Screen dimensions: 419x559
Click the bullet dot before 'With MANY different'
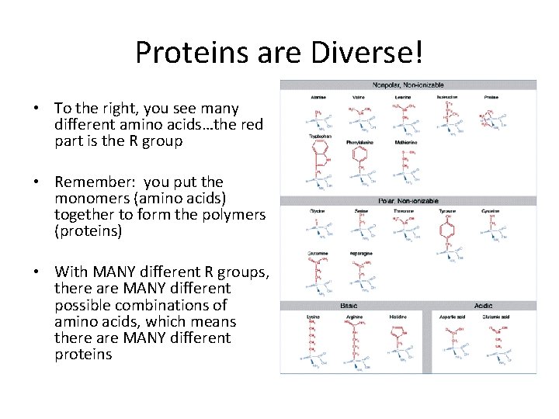(x=37, y=272)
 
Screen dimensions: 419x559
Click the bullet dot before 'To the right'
(x=37, y=109)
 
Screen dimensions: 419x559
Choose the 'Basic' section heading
(x=349, y=306)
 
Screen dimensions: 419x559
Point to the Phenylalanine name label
(x=359, y=143)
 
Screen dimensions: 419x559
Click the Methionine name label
(x=404, y=143)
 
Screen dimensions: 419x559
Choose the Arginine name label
(x=355, y=317)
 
